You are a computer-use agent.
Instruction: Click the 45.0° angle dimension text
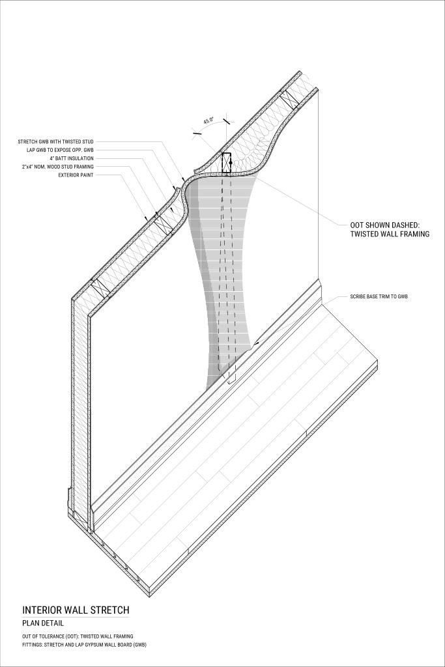tap(209, 121)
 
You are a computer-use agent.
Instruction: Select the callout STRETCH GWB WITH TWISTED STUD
tap(57, 141)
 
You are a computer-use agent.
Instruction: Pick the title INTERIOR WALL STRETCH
tap(76, 610)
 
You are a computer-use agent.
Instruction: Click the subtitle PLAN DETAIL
tap(44, 623)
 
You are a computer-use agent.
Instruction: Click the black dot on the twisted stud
tap(231, 162)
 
